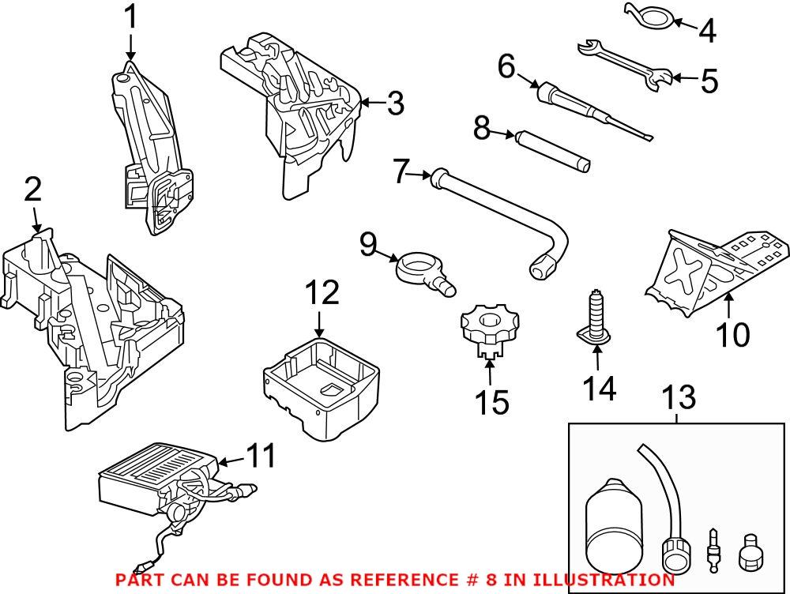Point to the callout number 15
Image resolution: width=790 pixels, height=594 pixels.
(491, 402)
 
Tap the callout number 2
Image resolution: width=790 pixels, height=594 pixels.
(32, 190)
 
